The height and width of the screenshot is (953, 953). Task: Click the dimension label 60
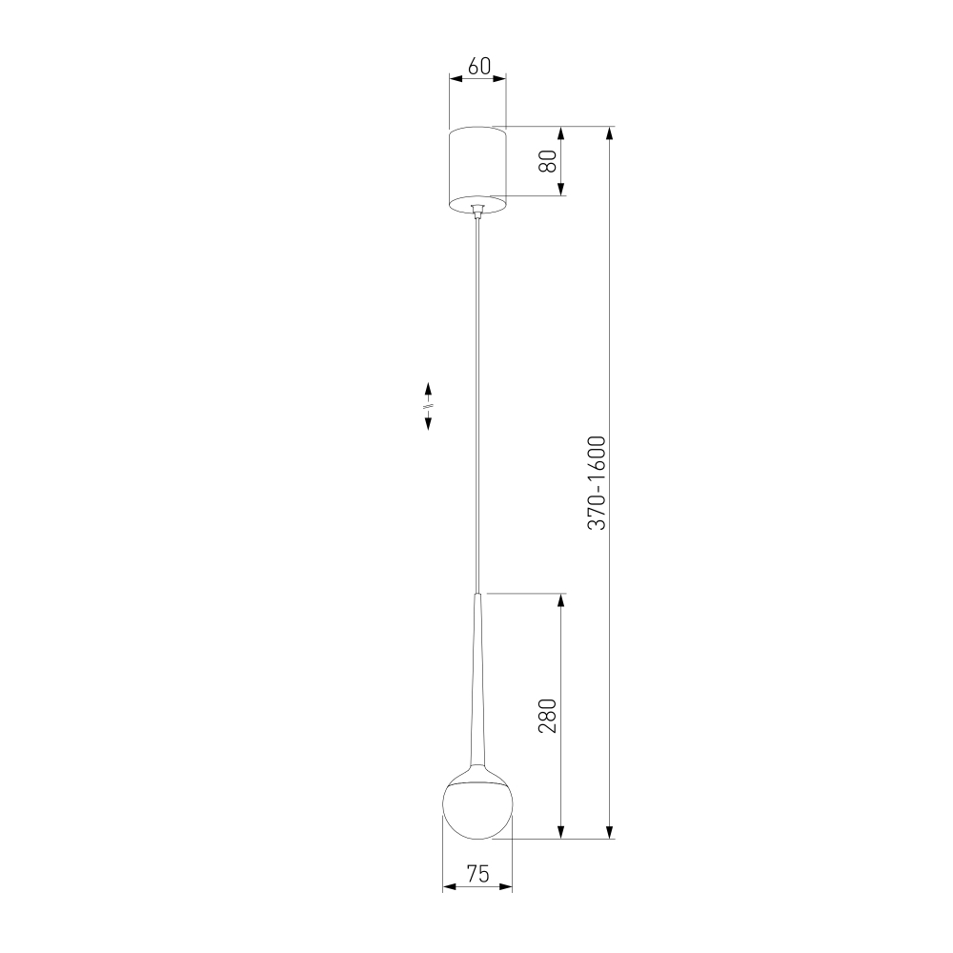tap(479, 66)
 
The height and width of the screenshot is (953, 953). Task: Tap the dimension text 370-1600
tap(597, 482)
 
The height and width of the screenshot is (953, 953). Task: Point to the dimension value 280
tap(548, 716)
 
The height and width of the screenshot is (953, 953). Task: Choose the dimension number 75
tap(478, 874)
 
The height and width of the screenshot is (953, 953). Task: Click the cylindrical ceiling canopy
tap(477, 171)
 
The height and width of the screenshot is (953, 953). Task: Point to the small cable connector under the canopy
tap(477, 211)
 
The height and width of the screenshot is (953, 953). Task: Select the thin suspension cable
tap(477, 405)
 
